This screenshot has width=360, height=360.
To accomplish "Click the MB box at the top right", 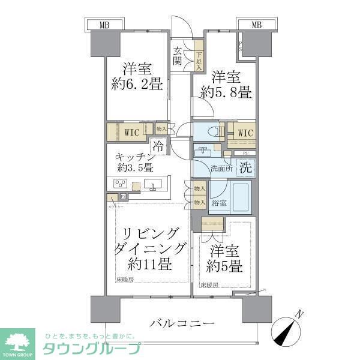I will (256, 25).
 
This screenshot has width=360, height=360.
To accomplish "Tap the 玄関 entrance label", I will (178, 55).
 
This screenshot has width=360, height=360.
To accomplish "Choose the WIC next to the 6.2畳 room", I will (132, 131).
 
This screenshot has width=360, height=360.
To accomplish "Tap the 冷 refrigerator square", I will (158, 145).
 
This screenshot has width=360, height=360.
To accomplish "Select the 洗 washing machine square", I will (246, 169).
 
